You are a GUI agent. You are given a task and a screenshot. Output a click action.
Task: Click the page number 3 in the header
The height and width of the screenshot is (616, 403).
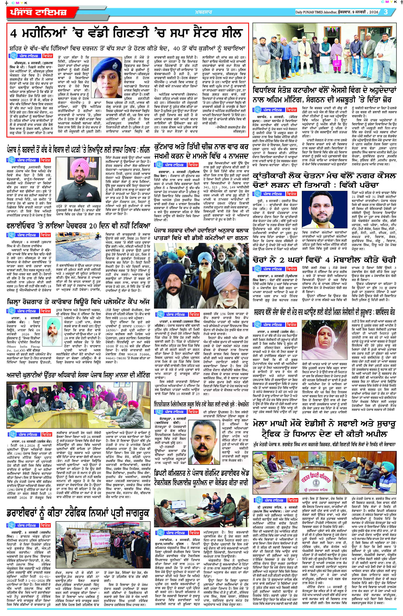click(x=386, y=12)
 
